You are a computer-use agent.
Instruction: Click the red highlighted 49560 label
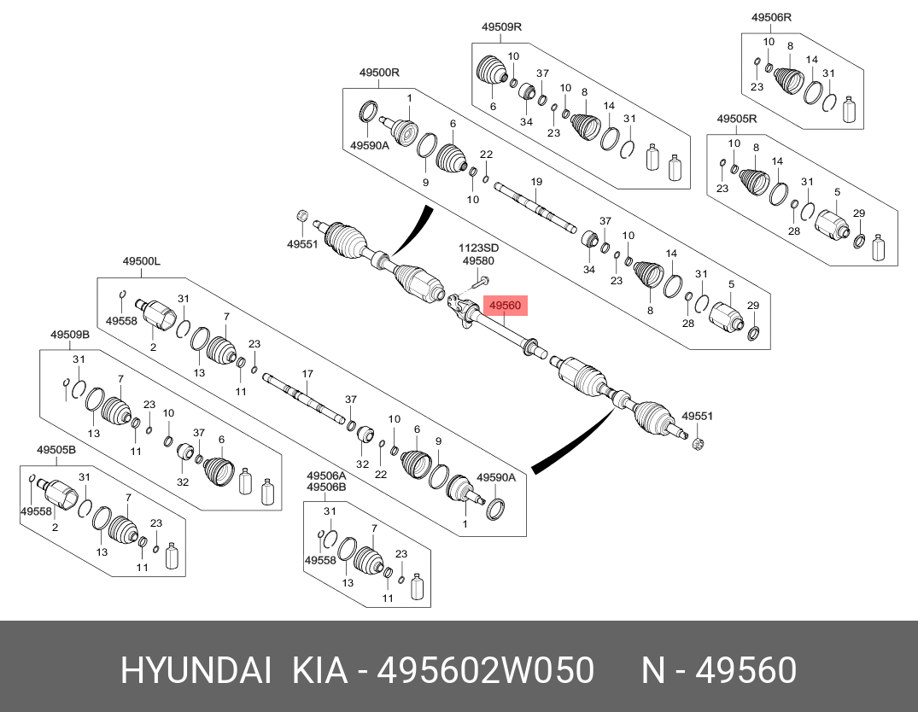(x=507, y=305)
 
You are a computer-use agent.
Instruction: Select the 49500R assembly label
(x=379, y=73)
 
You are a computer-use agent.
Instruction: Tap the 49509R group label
(x=501, y=27)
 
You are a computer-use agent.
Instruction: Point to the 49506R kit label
(x=771, y=17)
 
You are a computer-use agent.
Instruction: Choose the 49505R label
(x=736, y=120)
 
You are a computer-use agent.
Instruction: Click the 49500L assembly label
(x=141, y=262)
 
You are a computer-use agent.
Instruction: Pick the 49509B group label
(x=70, y=335)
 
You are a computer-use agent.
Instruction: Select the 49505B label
(x=56, y=450)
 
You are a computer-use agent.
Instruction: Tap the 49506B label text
(x=326, y=487)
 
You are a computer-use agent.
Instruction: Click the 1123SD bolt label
(x=479, y=248)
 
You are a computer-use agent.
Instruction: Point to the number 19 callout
(x=536, y=182)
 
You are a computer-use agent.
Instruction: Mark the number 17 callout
(x=307, y=374)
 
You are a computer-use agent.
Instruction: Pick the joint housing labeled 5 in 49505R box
(x=829, y=225)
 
